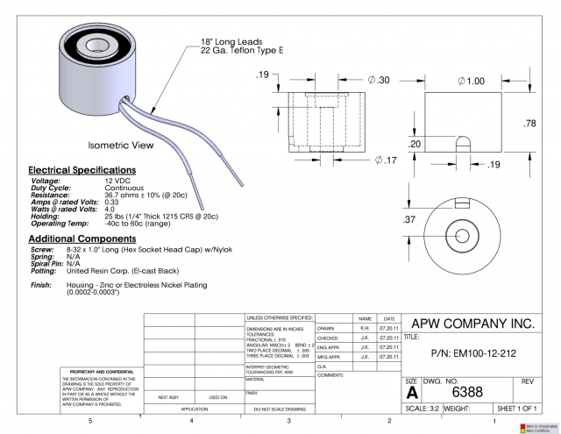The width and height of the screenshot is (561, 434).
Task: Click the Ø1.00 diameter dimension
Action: pos(470,81)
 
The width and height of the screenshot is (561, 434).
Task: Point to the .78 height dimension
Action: pos(529,124)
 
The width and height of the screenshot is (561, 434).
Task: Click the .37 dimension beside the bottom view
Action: pos(408,220)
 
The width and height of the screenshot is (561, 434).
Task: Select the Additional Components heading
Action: pos(82,239)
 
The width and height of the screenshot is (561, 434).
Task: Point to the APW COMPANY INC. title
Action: pos(472,324)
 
